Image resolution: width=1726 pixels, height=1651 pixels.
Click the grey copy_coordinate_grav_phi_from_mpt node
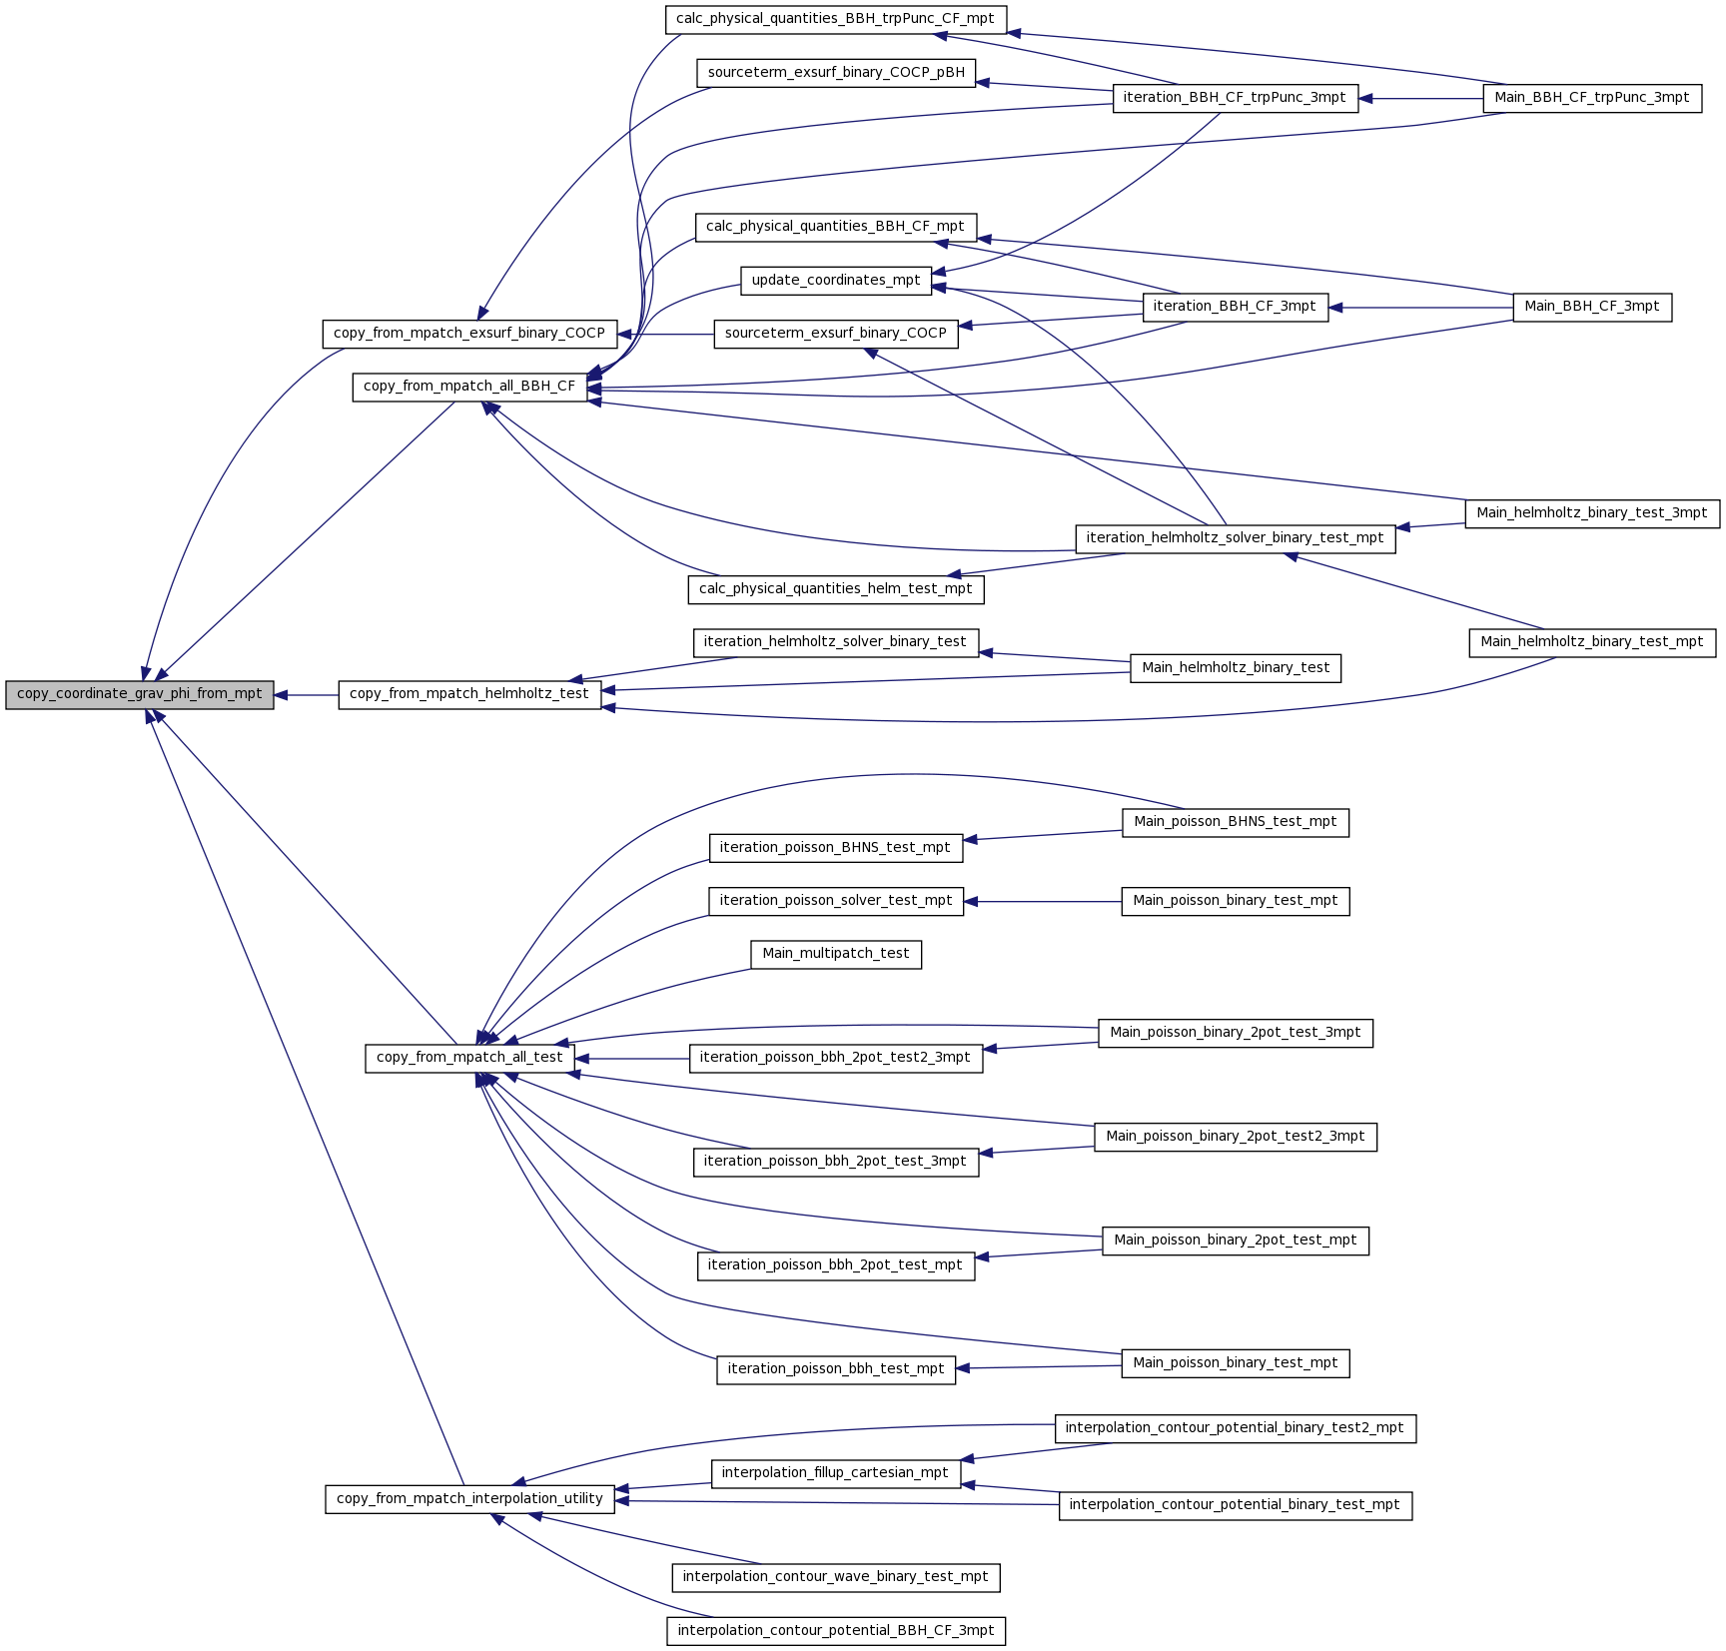pos(140,694)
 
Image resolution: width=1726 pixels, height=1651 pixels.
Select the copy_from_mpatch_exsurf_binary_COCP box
pos(469,334)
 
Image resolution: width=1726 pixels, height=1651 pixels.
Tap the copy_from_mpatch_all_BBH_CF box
pos(469,387)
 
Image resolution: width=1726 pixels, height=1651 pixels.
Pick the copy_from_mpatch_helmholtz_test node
pos(469,694)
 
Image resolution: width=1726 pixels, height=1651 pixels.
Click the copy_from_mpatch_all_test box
pos(469,1058)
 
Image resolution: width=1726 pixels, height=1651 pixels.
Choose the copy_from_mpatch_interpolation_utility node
pos(469,1499)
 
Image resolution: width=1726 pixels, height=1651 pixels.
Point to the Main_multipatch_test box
pos(836,954)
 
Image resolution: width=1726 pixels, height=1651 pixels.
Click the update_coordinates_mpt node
pos(836,281)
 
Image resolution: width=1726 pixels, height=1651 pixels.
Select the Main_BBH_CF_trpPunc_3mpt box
pos(1592,98)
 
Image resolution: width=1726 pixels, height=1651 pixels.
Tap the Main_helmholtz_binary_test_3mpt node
pos(1592,513)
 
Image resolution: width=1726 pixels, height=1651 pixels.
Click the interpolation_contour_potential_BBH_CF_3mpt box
pos(836,1631)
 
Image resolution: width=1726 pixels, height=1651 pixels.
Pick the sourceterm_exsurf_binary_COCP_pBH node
pos(836,73)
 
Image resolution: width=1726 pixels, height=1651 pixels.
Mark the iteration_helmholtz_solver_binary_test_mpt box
pos(1236,538)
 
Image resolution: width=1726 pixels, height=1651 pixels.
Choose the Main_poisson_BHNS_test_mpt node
pos(1236,822)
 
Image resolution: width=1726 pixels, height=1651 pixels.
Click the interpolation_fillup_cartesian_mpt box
pos(836,1473)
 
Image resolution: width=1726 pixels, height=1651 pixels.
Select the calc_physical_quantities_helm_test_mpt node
pos(836,589)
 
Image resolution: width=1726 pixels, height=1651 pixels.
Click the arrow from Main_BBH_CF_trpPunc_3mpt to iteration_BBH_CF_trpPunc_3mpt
pos(1421,99)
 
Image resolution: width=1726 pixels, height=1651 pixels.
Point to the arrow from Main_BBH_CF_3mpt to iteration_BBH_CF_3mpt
pos(1421,308)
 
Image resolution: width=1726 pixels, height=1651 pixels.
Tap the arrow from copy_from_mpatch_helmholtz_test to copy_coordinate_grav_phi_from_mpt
pos(307,695)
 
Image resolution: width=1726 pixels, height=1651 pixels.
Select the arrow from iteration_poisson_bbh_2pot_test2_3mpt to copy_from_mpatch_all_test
pos(632,1059)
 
